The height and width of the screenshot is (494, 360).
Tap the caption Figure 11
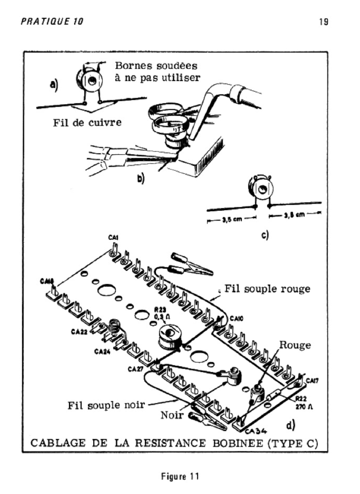tap(180, 477)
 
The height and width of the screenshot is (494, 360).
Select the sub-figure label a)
tap(54, 85)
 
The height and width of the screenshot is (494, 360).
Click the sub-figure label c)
tap(265, 235)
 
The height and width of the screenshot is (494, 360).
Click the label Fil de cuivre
tap(87, 123)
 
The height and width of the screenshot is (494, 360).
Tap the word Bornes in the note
tap(131, 66)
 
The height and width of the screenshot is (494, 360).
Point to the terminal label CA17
tap(312, 381)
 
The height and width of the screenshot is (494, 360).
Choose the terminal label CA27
tap(136, 370)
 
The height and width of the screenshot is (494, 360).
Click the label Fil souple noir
tap(106, 405)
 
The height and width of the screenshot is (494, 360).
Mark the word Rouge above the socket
tap(295, 345)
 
